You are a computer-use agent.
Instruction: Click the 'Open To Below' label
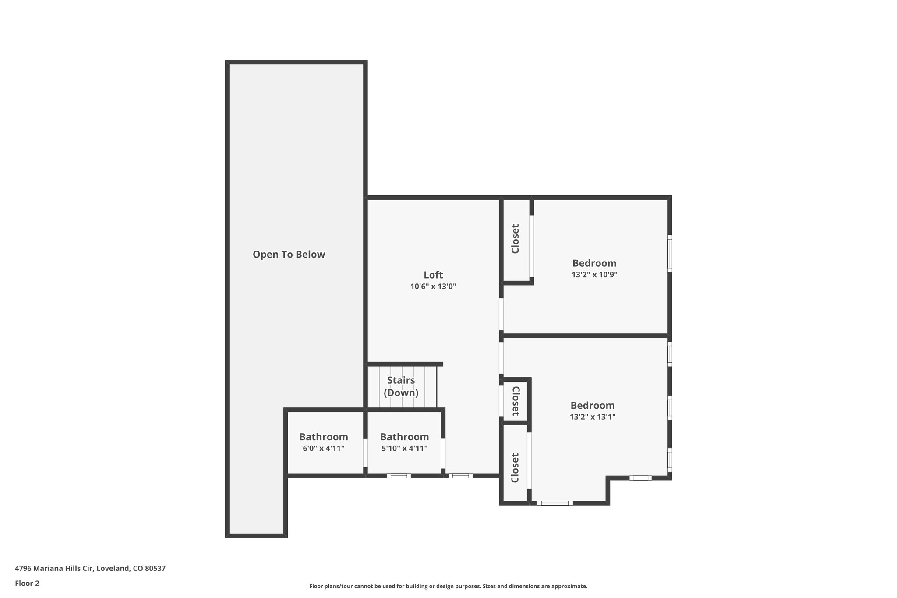[289, 255]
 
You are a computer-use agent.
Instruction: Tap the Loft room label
[433, 275]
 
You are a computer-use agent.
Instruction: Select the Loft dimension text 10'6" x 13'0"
[433, 287]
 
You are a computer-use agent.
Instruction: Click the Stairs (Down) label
[401, 386]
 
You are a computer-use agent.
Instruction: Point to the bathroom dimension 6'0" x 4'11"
[323, 449]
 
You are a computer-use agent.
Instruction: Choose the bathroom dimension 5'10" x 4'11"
[404, 449]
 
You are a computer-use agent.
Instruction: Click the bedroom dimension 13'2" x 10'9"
[594, 275]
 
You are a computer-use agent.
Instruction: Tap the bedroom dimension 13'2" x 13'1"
[592, 417]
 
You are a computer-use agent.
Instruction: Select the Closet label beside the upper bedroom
[516, 239]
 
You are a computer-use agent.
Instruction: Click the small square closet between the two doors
[516, 401]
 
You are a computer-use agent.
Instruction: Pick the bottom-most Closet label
[515, 468]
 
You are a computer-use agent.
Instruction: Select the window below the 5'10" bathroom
[399, 476]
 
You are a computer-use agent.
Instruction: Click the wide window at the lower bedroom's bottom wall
[554, 503]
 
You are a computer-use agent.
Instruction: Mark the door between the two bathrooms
[365, 453]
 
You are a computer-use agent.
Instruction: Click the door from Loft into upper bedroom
[501, 315]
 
